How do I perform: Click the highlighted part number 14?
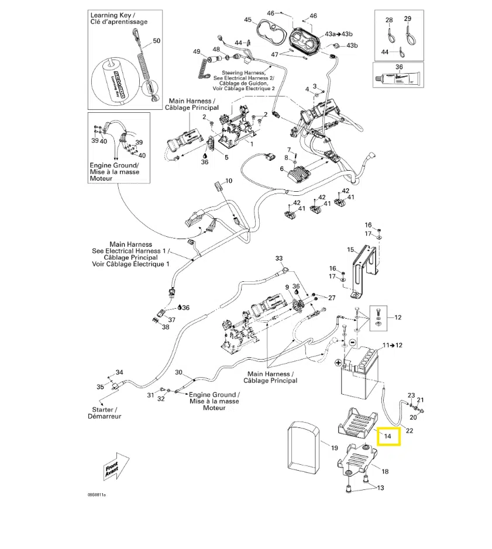(388, 436)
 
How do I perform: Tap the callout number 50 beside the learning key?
(156, 41)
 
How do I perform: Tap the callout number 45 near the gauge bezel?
(248, 20)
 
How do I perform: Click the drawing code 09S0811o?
(97, 495)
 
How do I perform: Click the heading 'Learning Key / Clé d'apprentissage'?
(119, 18)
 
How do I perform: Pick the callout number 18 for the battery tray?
(384, 471)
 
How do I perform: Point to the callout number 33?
(278, 258)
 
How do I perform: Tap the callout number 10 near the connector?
(229, 181)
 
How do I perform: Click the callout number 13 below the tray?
(381, 488)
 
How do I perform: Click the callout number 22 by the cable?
(410, 431)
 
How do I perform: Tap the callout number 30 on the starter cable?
(179, 372)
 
